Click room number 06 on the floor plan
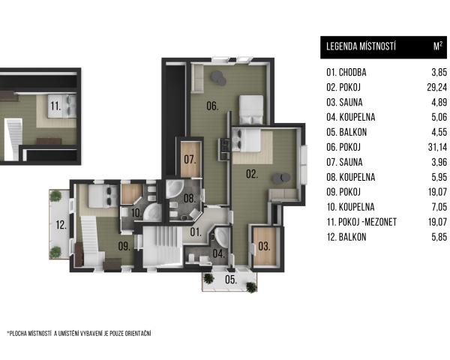212,106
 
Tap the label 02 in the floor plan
252,174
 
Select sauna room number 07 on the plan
190,159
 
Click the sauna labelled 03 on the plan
264,246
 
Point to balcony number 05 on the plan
231,279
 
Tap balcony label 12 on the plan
61,224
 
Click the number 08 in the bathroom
190,198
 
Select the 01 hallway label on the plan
196,232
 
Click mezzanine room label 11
55,106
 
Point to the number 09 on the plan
124,246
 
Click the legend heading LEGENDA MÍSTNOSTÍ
361,46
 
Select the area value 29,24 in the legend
437,87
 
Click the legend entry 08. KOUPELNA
351,177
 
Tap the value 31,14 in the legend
438,147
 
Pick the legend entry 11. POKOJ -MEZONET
361,222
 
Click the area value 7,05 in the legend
439,207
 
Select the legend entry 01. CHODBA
346,72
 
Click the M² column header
438,46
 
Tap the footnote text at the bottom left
79,334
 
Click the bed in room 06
251,110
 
